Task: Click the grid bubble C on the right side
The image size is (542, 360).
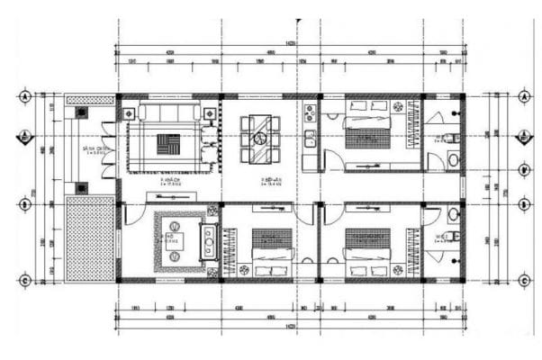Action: [x=523, y=281]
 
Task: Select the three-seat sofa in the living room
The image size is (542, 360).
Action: [x=170, y=113]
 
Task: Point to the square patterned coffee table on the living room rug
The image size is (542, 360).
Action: [x=169, y=145]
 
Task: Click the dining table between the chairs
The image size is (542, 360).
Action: [x=259, y=139]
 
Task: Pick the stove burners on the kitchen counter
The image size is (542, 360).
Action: [x=309, y=114]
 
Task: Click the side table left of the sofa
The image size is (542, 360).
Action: [x=130, y=113]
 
